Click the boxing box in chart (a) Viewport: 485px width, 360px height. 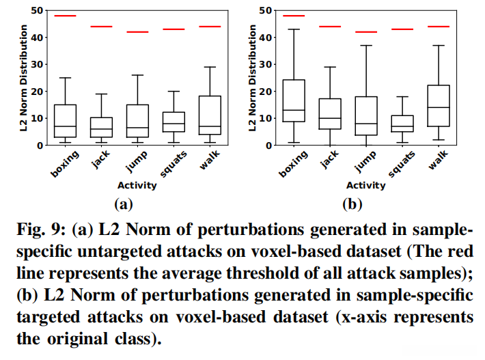[65, 121]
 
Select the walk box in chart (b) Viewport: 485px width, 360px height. [437, 106]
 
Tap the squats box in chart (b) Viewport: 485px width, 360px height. [401, 124]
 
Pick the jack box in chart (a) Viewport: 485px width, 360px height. [101, 127]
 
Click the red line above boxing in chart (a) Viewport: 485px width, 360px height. [65, 15]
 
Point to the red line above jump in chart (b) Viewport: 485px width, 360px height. [365, 31]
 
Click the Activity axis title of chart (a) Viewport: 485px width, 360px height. [137, 185]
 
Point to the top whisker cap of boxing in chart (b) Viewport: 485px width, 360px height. [294, 29]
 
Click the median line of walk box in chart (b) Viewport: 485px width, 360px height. [437, 108]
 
